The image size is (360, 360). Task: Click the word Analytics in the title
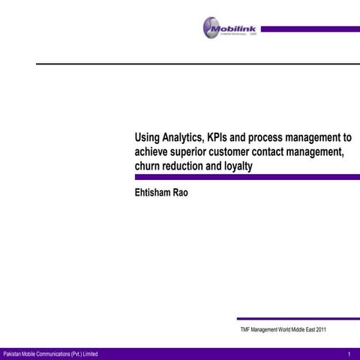coord(176,138)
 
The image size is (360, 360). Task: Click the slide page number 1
coord(350,354)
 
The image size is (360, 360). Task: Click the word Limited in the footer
coord(85,354)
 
